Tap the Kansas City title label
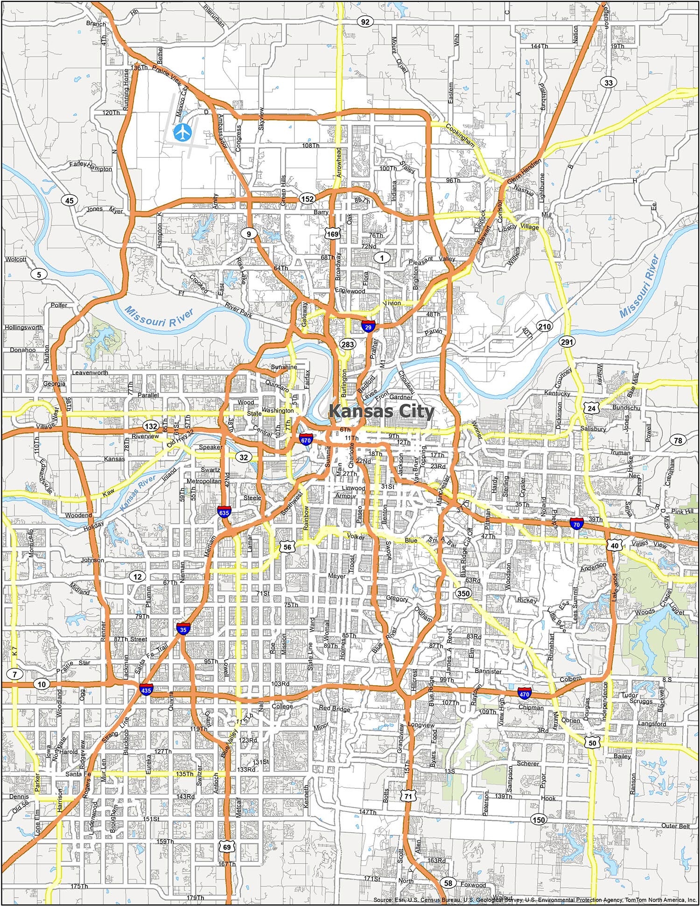pyautogui.click(x=382, y=411)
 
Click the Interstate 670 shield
pyautogui.click(x=306, y=439)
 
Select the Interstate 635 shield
pyautogui.click(x=224, y=513)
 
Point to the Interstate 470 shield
pyautogui.click(x=524, y=694)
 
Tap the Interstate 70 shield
pyautogui.click(x=577, y=524)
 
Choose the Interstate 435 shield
pyautogui.click(x=146, y=690)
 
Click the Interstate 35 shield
pyautogui.click(x=183, y=629)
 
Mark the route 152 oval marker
pyautogui.click(x=307, y=199)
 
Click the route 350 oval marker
pyautogui.click(x=464, y=593)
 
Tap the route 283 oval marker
pyautogui.click(x=348, y=344)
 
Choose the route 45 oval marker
pyautogui.click(x=69, y=201)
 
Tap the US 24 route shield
pyautogui.click(x=592, y=408)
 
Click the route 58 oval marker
pyautogui.click(x=448, y=883)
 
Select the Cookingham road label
pyautogui.click(x=460, y=135)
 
